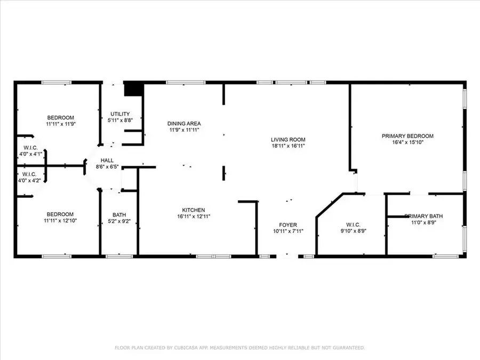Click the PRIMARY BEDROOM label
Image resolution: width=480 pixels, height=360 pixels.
(407, 136)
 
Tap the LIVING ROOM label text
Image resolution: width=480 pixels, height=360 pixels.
(288, 140)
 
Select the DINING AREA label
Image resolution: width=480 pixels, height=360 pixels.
(185, 123)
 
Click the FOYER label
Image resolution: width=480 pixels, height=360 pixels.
(288, 225)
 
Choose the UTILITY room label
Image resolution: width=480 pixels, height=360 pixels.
(120, 114)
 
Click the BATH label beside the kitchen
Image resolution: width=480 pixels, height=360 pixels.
(119, 215)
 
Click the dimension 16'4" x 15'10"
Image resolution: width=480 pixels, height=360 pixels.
(407, 142)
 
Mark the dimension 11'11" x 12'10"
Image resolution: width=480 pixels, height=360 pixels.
(60, 220)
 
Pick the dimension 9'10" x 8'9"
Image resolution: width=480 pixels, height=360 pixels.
(350, 231)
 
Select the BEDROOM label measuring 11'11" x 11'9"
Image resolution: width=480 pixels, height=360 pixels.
(60, 118)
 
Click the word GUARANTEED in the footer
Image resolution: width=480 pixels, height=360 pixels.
(347, 348)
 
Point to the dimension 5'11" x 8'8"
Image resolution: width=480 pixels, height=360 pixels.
(120, 121)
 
